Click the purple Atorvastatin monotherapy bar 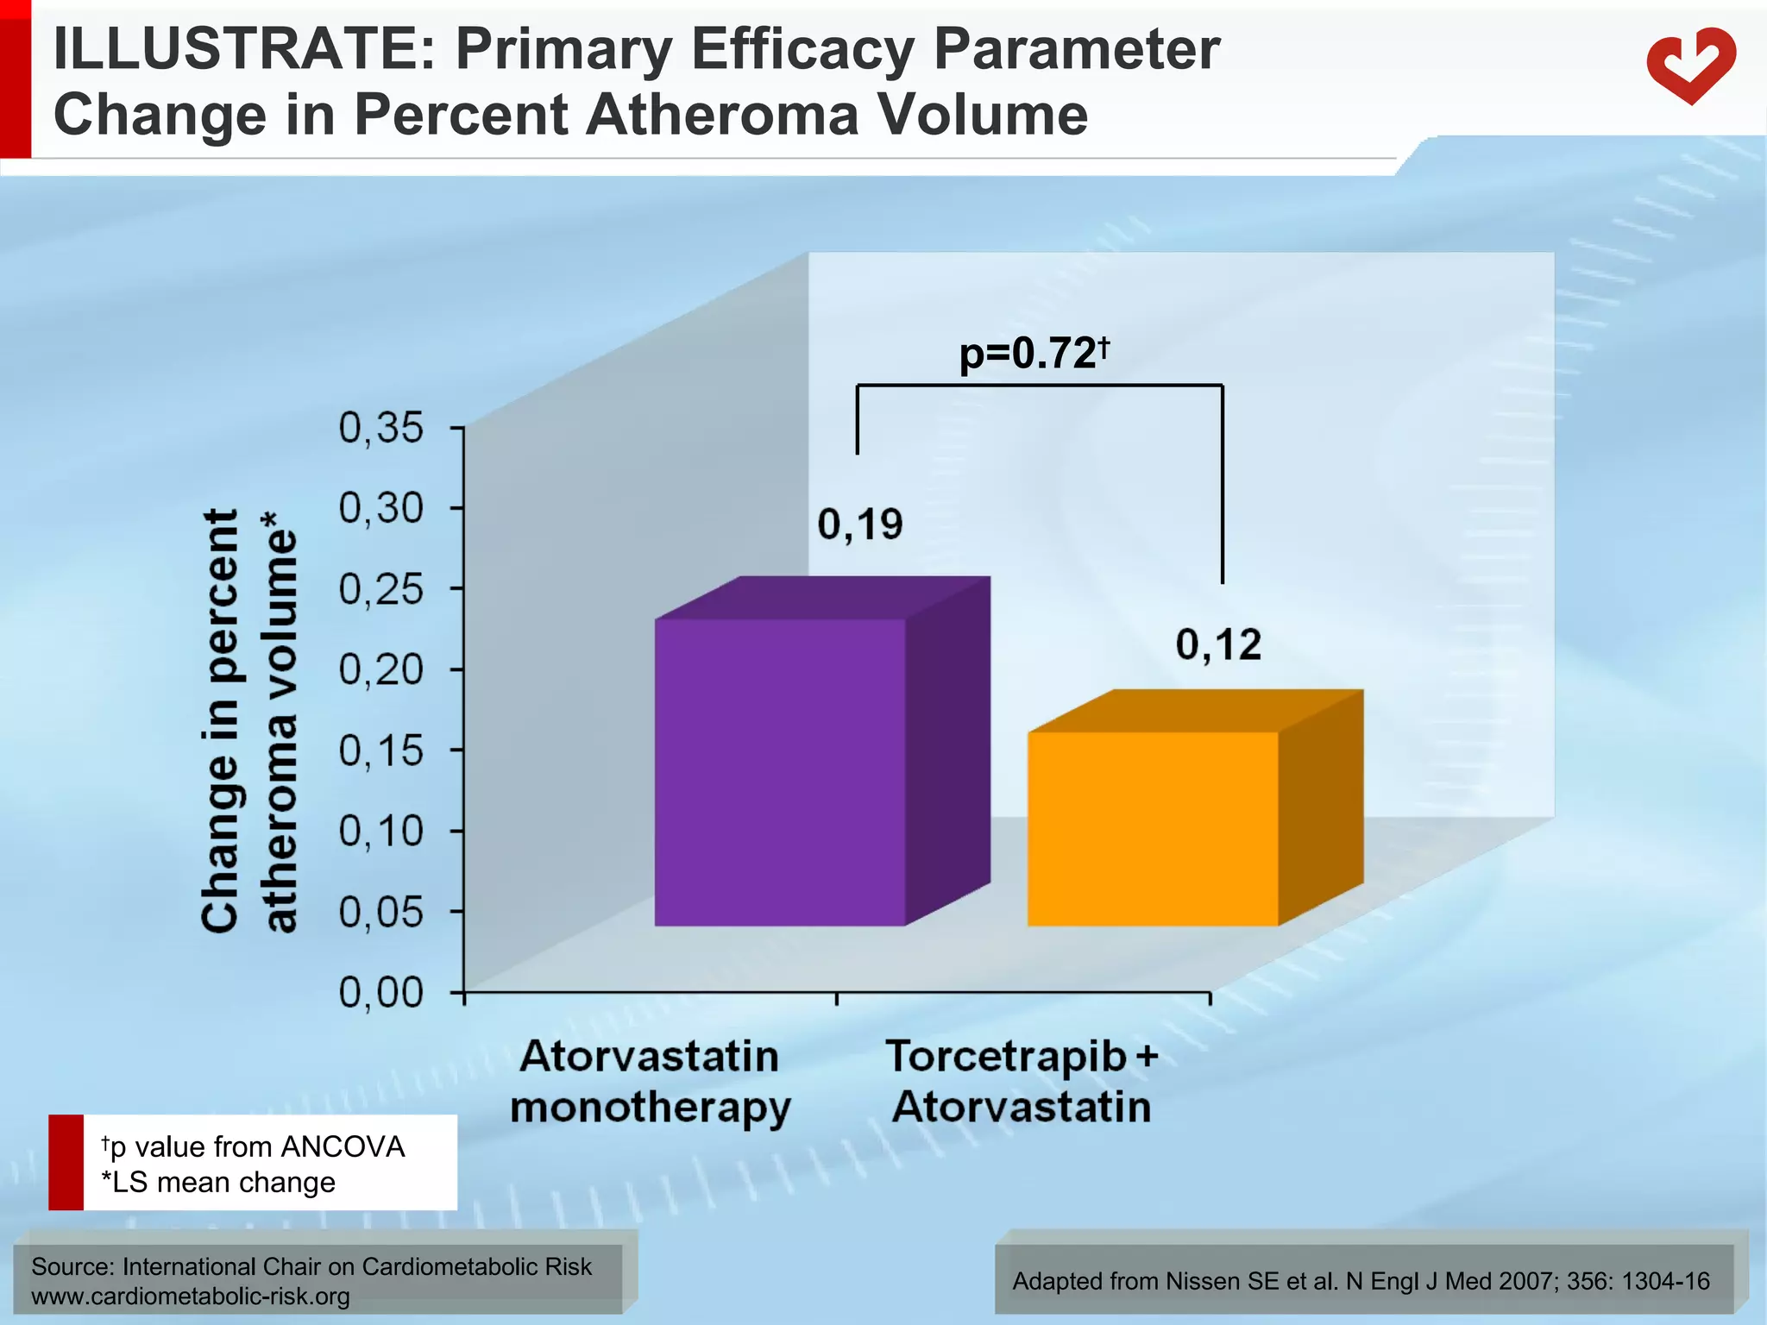780,772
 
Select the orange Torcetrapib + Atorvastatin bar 1153,828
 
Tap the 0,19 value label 859,524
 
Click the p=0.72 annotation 1033,354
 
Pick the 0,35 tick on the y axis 381,428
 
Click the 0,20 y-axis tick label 381,670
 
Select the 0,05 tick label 381,913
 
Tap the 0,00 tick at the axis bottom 381,993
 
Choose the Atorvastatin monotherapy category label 650,1082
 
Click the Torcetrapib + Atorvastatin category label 1022,1082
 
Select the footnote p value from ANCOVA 253,1146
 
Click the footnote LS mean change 218,1182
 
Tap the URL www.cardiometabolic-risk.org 191,1297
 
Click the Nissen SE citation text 1361,1281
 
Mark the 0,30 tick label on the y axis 381,509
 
